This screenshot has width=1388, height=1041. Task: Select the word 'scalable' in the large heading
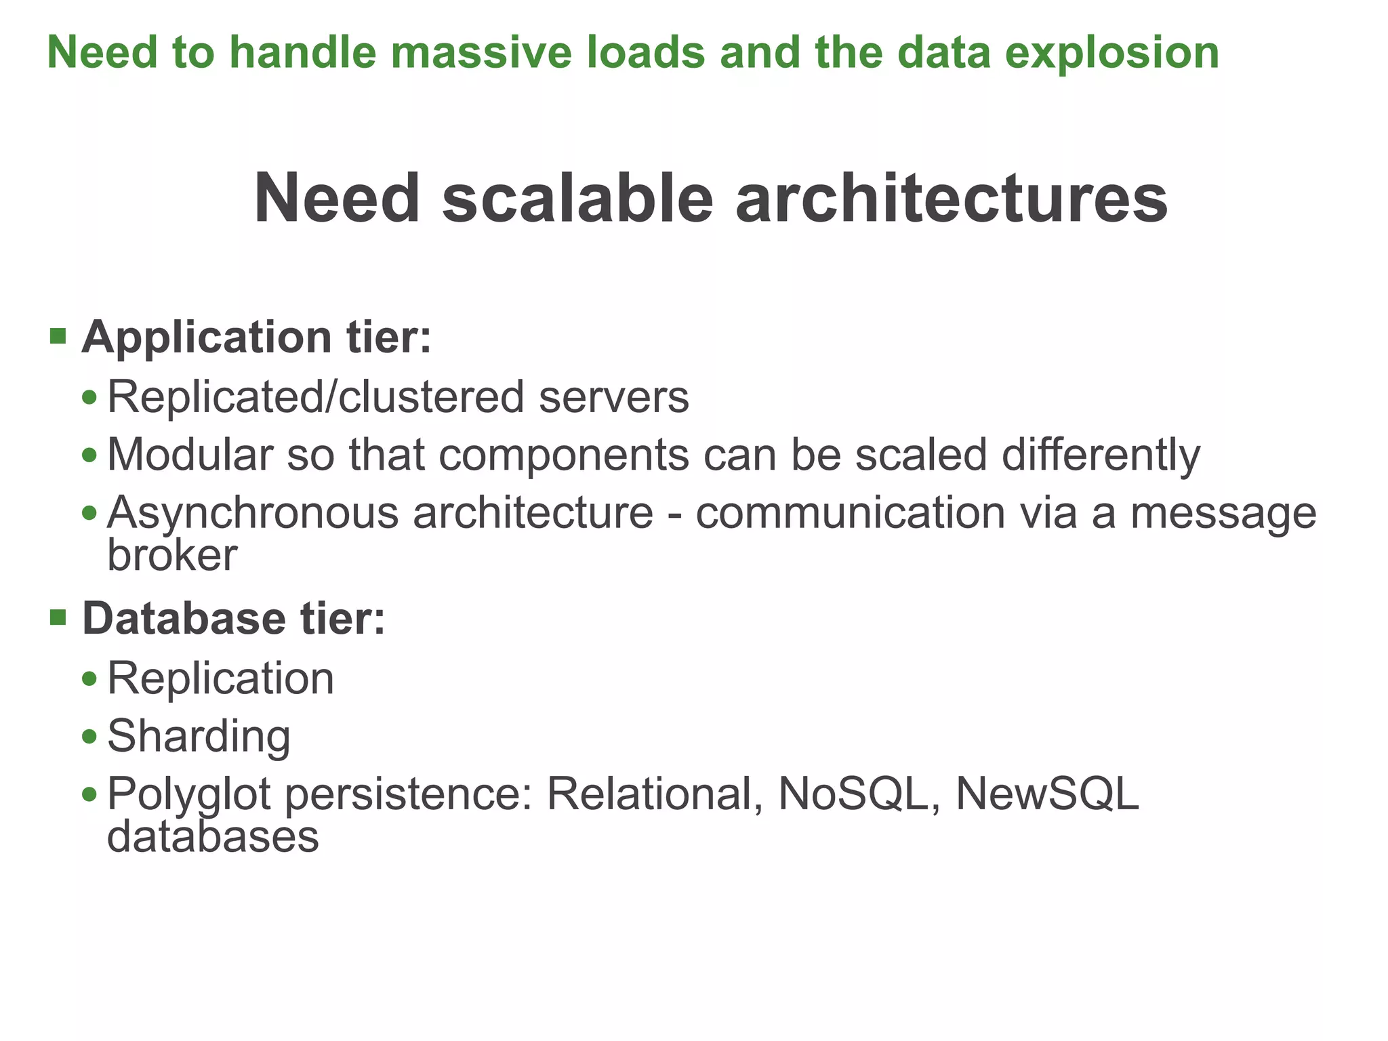coord(577,199)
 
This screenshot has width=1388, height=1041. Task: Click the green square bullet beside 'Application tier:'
coord(58,335)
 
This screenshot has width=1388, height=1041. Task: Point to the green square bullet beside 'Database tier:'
coord(58,617)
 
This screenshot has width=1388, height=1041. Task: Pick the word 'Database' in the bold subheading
coord(184,619)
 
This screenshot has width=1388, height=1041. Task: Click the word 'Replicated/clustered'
coord(316,396)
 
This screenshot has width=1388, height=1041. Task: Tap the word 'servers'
coord(614,398)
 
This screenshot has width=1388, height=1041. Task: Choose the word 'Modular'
coord(189,454)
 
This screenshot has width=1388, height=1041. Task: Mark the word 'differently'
coord(1101,455)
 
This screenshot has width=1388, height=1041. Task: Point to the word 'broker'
coord(172,555)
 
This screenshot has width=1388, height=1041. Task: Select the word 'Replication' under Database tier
coord(221,679)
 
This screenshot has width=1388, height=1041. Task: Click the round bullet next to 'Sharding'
coord(89,737)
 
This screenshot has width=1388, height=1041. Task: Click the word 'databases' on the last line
coord(213,837)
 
